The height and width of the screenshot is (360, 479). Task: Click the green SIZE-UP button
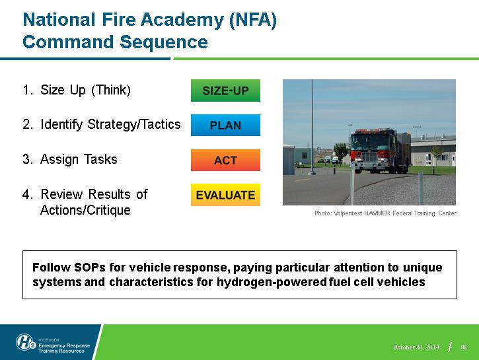tap(225, 90)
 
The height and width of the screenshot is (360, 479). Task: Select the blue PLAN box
tap(225, 126)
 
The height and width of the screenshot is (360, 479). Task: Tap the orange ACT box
tap(225, 160)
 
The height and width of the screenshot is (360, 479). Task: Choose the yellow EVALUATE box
tap(225, 195)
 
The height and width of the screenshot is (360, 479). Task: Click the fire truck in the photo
tap(381, 151)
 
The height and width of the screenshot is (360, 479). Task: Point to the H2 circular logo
tap(26, 342)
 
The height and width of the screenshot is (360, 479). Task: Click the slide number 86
tap(464, 347)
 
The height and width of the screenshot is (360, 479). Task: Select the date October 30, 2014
tap(416, 347)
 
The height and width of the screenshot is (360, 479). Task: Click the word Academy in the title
tap(182, 20)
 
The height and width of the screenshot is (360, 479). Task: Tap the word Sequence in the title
tap(164, 42)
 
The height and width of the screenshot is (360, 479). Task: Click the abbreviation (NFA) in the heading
tap(253, 20)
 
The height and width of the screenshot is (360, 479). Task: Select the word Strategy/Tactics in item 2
tap(134, 125)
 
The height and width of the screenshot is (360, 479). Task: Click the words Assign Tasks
tap(79, 159)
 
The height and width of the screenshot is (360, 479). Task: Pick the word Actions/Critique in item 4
tap(85, 210)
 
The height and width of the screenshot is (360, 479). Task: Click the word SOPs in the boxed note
tap(90, 267)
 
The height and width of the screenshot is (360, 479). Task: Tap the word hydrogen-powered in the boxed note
tap(272, 282)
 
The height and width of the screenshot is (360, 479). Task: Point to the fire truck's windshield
tap(365, 141)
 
